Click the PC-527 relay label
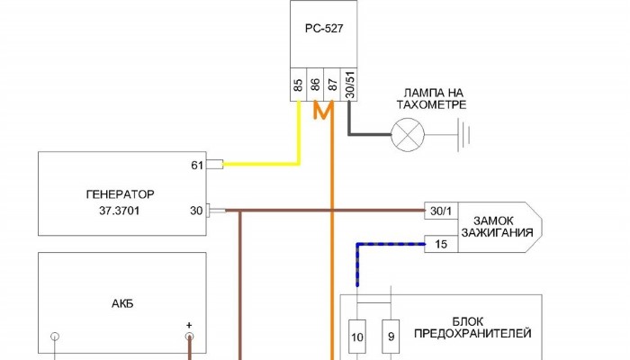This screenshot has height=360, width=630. (x=324, y=28)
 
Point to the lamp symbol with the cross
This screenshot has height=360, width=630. (x=408, y=136)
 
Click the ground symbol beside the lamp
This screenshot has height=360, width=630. (x=464, y=136)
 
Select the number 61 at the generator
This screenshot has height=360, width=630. (x=197, y=165)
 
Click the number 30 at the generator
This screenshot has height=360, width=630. (x=197, y=211)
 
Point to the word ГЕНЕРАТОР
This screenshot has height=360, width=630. (x=121, y=193)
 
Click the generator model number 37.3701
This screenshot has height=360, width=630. (x=121, y=211)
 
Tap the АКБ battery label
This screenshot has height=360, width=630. (x=121, y=302)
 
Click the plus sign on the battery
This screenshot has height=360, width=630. (x=189, y=325)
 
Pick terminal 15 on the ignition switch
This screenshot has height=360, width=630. (x=440, y=243)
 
